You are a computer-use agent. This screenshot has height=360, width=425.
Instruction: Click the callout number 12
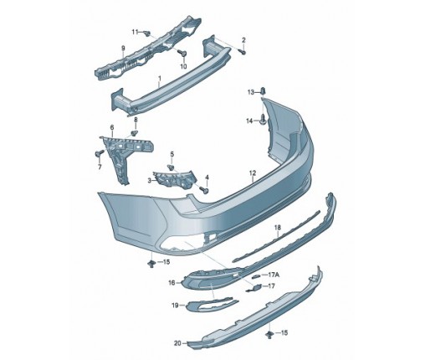(253, 173)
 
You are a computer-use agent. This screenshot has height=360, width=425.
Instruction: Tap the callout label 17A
(274, 275)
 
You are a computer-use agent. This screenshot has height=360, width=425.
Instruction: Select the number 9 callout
(123, 49)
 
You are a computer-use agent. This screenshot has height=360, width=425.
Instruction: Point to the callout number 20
(177, 343)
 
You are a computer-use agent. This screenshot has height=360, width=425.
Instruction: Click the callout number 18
(278, 228)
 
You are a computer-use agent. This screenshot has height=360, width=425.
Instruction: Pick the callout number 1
(160, 79)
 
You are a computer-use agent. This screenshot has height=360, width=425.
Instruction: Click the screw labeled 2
(243, 52)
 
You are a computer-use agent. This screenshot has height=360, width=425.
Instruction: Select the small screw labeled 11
(146, 33)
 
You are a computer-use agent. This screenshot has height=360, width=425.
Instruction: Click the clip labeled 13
(263, 91)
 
